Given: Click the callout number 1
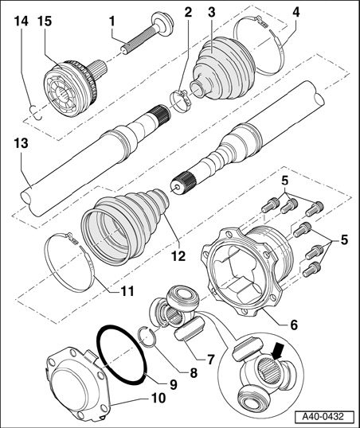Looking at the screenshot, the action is pyautogui.click(x=112, y=21).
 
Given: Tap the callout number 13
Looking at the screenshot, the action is pyautogui.click(x=22, y=142).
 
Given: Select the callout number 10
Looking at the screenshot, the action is pyautogui.click(x=158, y=398).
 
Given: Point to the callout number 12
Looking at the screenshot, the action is pyautogui.click(x=178, y=255).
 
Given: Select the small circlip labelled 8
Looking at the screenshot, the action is pyautogui.click(x=148, y=337).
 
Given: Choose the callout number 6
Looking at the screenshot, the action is pyautogui.click(x=294, y=325).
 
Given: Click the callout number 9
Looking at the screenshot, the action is pyautogui.click(x=174, y=384).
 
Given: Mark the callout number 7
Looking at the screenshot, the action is pyautogui.click(x=210, y=360).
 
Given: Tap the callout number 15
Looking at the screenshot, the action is pyautogui.click(x=45, y=21).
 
